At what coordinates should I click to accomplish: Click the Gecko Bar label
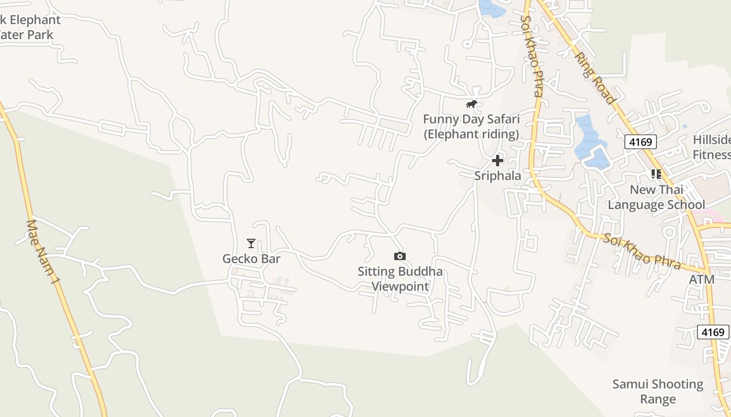click(x=251, y=259)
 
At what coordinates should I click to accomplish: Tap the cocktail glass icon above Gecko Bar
click(x=251, y=243)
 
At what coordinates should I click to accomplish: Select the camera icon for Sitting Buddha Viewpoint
click(x=399, y=256)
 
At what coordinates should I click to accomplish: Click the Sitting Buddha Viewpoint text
click(x=400, y=278)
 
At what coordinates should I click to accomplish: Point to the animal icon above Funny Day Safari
click(x=471, y=104)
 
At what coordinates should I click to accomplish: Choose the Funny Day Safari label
click(x=471, y=127)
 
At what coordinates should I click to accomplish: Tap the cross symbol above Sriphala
click(x=498, y=161)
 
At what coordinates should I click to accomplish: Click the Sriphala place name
click(x=498, y=176)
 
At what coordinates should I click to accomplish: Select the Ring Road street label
click(x=596, y=78)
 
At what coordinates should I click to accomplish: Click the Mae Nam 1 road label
click(x=43, y=251)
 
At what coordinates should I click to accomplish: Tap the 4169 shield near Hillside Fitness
click(x=640, y=141)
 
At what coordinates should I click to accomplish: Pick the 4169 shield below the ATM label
click(x=713, y=332)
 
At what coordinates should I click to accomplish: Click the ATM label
click(x=701, y=279)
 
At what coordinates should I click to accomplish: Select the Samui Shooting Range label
click(x=657, y=391)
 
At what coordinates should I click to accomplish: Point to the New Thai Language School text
click(x=656, y=197)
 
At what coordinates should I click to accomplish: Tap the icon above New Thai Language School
click(x=656, y=174)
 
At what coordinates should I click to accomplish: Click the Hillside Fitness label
click(x=711, y=147)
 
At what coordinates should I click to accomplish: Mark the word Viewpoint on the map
click(x=400, y=286)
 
